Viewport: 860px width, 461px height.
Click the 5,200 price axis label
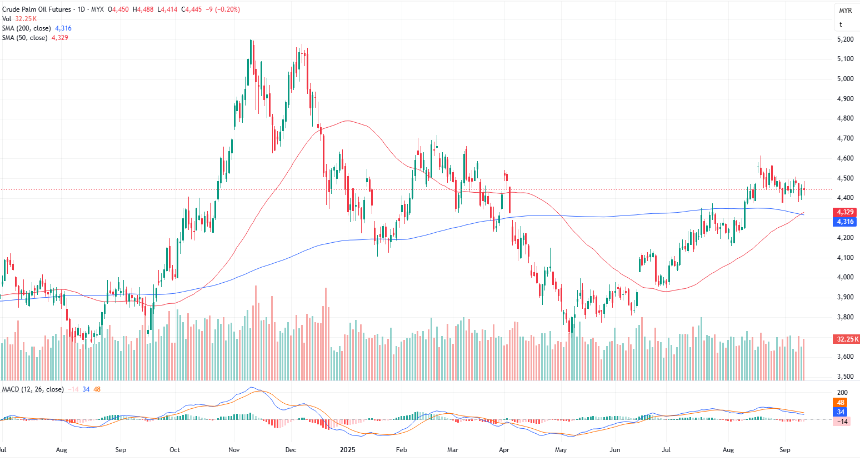(x=845, y=39)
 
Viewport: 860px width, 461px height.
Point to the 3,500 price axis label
(x=845, y=377)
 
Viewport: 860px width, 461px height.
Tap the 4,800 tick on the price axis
(x=845, y=118)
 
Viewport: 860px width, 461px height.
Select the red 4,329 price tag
(x=845, y=212)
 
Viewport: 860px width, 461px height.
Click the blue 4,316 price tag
(x=845, y=222)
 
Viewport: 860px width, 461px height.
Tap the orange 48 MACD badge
(x=841, y=403)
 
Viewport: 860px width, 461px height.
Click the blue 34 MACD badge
(x=841, y=412)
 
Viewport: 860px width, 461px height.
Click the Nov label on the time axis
(x=234, y=450)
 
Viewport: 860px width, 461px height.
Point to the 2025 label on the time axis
(x=348, y=450)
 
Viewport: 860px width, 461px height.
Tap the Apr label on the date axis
(x=504, y=450)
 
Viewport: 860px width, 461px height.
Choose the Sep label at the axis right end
(x=784, y=450)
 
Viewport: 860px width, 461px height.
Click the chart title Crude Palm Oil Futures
(x=37, y=9)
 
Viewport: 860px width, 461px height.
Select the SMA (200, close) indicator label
(x=26, y=28)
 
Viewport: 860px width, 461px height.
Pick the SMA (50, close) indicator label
(x=24, y=38)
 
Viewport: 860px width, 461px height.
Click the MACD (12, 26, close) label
(x=33, y=389)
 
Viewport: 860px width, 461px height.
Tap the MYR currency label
(x=846, y=11)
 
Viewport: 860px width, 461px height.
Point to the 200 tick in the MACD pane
(x=842, y=393)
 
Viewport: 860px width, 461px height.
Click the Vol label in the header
(x=7, y=19)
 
